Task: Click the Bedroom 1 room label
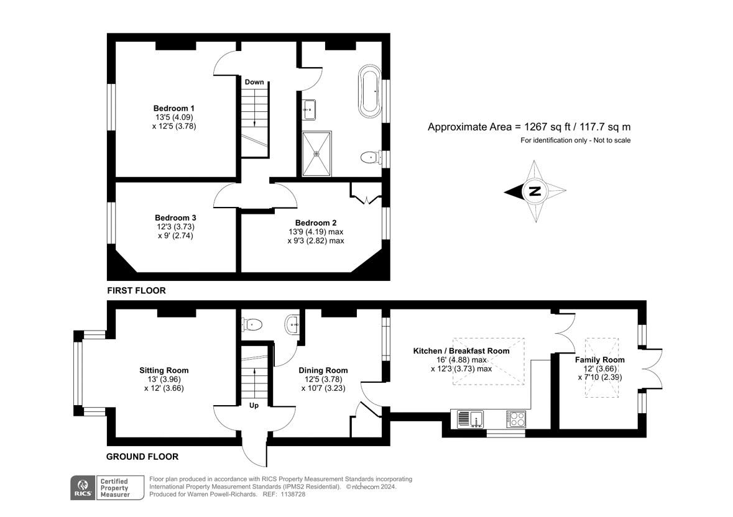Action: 174,108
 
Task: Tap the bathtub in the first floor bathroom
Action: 370,92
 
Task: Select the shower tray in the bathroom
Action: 317,153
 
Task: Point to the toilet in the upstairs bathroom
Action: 371,157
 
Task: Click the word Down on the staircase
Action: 254,82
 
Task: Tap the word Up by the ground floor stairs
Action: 254,405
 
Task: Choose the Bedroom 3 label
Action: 175,217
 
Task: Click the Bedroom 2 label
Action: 316,223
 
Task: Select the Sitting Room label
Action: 164,370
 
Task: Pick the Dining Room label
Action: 323,370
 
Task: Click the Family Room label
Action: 600,360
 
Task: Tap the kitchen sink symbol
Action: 470,419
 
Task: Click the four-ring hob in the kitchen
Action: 516,419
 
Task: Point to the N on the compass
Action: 535,191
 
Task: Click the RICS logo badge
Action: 83,488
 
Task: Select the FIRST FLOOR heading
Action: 137,290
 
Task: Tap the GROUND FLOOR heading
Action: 142,457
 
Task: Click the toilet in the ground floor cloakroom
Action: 252,324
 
